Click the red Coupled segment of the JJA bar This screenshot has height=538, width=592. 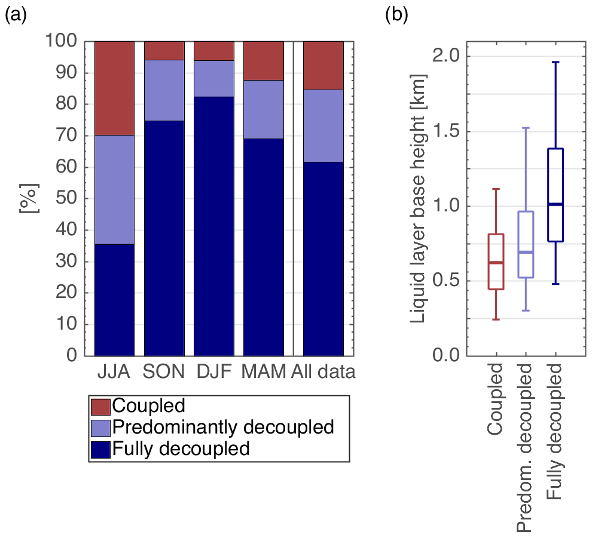click(114, 88)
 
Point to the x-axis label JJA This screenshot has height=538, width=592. click(114, 373)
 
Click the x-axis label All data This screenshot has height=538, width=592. click(324, 373)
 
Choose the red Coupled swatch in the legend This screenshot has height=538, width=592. click(100, 407)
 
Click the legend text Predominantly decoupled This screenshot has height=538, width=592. click(222, 428)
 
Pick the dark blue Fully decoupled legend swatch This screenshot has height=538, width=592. click(100, 448)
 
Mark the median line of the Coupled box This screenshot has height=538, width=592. click(496, 263)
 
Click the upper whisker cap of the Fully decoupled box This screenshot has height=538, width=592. click(556, 62)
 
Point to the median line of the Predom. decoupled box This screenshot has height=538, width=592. click(526, 253)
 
